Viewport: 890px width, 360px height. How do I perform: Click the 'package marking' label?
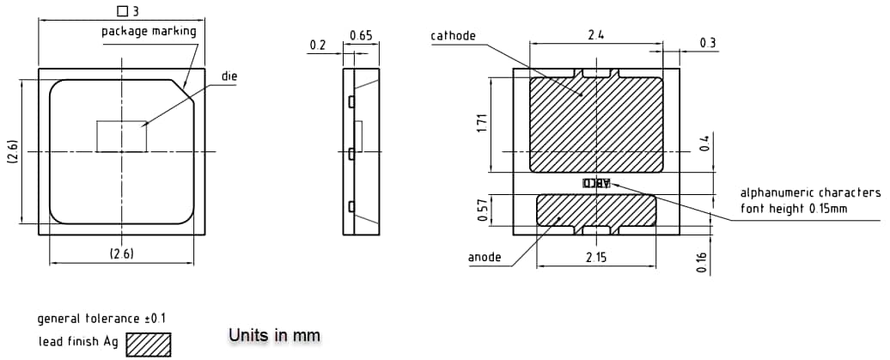coord(149,31)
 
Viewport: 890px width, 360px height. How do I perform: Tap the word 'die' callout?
coord(229,76)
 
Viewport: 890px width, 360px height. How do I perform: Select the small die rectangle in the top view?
coord(121,137)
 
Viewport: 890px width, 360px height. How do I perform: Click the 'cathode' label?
coord(453,35)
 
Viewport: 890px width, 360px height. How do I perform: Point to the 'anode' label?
coord(485,257)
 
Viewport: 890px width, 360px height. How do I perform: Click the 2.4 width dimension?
coord(595,35)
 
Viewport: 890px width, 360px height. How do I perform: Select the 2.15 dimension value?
coord(596,257)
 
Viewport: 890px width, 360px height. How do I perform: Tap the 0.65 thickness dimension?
coord(360,35)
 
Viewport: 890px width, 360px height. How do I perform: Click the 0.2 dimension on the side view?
coord(318,45)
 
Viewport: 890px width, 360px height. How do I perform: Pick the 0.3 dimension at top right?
coord(708,43)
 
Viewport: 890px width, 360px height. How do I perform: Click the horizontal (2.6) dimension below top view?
coord(121,253)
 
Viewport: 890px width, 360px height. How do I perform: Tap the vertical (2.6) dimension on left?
coord(10,151)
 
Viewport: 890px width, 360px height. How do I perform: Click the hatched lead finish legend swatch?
coord(149,344)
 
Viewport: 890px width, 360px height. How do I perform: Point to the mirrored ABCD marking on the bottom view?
coord(596,183)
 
